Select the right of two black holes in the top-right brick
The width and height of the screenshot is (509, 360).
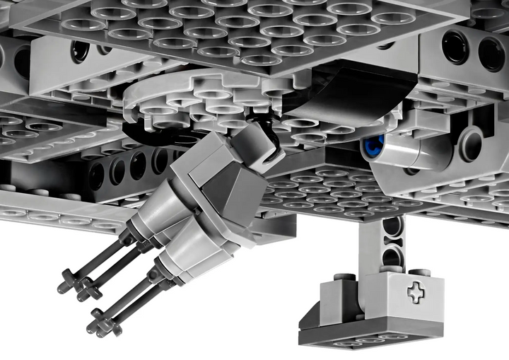[491, 53]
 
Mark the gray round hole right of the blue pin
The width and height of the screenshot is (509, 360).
[469, 144]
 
